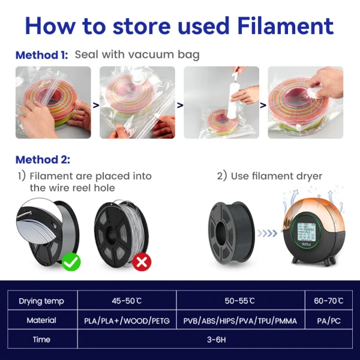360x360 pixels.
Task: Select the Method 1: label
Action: coord(41,55)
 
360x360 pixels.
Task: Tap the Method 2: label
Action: coord(43,160)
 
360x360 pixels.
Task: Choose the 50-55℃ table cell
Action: coord(239,301)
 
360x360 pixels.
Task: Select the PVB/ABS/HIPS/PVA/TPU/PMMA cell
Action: coord(239,320)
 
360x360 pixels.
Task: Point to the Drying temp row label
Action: coord(41,301)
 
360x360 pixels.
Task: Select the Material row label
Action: coord(41,320)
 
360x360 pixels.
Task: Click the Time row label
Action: coord(41,340)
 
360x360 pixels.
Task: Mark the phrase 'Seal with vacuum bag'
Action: coord(137,55)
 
